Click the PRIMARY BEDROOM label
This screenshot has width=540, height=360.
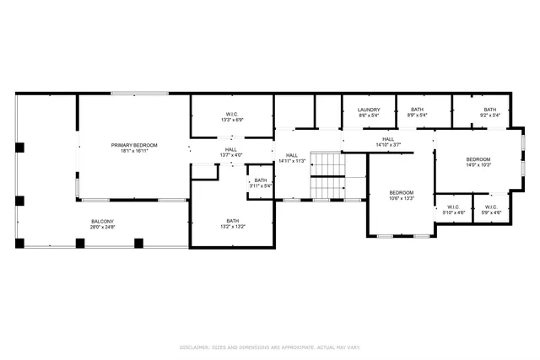pos(134,145)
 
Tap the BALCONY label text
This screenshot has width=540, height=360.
pos(103,221)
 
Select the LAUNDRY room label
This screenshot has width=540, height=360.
pos(369,110)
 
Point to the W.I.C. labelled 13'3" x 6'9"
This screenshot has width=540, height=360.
pos(232,115)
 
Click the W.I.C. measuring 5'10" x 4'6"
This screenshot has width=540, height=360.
pos(453,207)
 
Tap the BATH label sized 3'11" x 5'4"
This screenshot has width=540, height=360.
pos(261,180)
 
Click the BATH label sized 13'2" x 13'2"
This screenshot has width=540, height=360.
pos(232,221)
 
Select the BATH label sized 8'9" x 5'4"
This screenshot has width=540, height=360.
pos(417,110)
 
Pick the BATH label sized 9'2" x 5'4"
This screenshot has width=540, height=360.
pos(489,110)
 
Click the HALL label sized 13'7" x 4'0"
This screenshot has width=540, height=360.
pos(230,149)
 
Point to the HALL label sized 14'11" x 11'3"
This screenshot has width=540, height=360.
pos(291,155)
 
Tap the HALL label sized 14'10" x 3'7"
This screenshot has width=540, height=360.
pos(388,139)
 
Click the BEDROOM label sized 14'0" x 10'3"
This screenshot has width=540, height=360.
pos(478,159)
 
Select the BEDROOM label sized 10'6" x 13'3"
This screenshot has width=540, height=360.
pos(401,193)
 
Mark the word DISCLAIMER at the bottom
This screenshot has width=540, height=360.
pos(193,347)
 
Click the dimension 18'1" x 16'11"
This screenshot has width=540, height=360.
pos(134,151)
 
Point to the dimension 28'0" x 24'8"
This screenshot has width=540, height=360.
pos(103,227)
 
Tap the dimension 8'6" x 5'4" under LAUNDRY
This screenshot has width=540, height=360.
pos(369,116)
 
